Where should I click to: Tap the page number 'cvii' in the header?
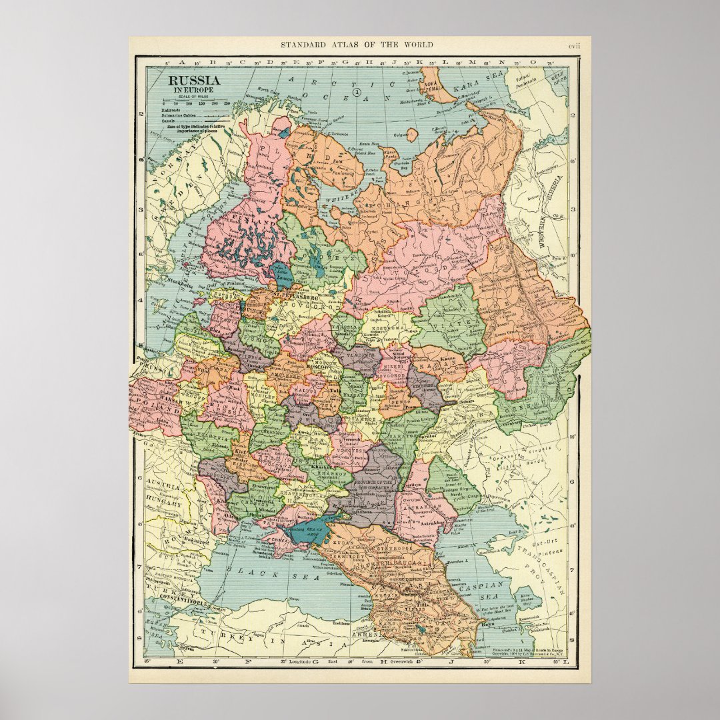[573, 45]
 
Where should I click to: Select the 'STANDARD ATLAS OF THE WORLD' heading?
[356, 45]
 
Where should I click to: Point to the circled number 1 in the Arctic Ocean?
[357, 92]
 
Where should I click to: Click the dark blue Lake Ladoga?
[281, 274]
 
